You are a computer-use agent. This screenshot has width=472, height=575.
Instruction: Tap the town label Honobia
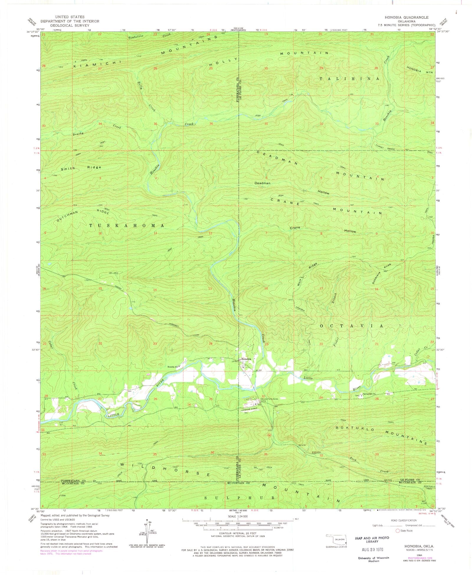coord(246,359)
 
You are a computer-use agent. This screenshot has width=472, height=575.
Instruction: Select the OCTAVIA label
coord(352,326)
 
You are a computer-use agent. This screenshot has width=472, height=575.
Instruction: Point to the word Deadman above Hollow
coord(263,183)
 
